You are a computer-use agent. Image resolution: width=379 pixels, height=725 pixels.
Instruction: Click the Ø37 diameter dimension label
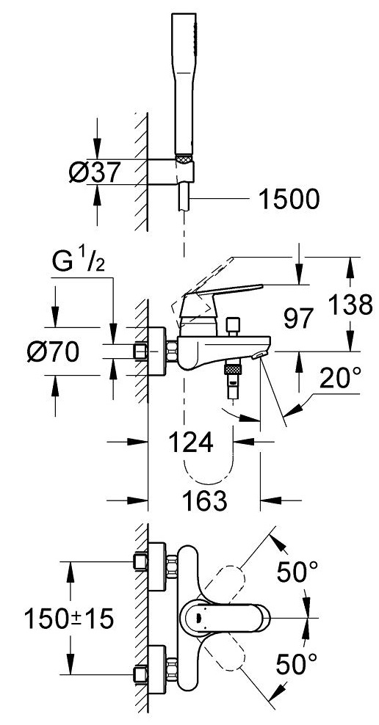[95, 172]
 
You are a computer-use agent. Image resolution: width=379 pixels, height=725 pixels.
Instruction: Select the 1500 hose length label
[289, 200]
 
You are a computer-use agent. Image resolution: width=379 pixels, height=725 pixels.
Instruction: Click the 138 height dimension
[350, 305]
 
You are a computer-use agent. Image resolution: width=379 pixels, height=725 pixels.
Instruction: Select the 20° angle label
[340, 379]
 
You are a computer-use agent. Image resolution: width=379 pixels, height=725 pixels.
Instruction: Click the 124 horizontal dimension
[191, 442]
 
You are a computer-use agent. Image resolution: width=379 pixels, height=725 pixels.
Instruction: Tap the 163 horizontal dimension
[204, 500]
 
